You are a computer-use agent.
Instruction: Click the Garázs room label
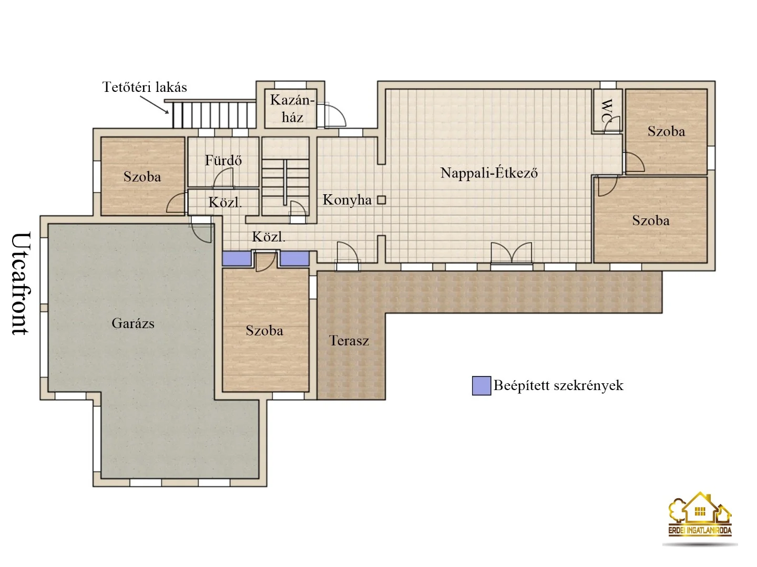133,323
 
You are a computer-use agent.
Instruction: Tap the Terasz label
349,341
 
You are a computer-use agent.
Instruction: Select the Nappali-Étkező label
489,173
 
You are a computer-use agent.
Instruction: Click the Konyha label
347,199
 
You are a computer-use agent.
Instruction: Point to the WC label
607,111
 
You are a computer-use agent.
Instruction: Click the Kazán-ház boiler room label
292,109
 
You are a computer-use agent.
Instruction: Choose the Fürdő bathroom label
223,160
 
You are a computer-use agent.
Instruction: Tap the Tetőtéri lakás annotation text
145,87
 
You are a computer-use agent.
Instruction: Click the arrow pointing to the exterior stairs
154,104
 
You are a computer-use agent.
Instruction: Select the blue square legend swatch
482,385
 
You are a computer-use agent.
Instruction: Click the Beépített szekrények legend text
558,385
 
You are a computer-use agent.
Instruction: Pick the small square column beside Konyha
381,200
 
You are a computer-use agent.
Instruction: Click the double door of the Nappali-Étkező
512,253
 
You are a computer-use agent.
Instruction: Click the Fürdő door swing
223,179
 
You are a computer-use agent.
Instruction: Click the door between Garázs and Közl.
201,229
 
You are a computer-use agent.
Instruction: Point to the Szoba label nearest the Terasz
264,331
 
